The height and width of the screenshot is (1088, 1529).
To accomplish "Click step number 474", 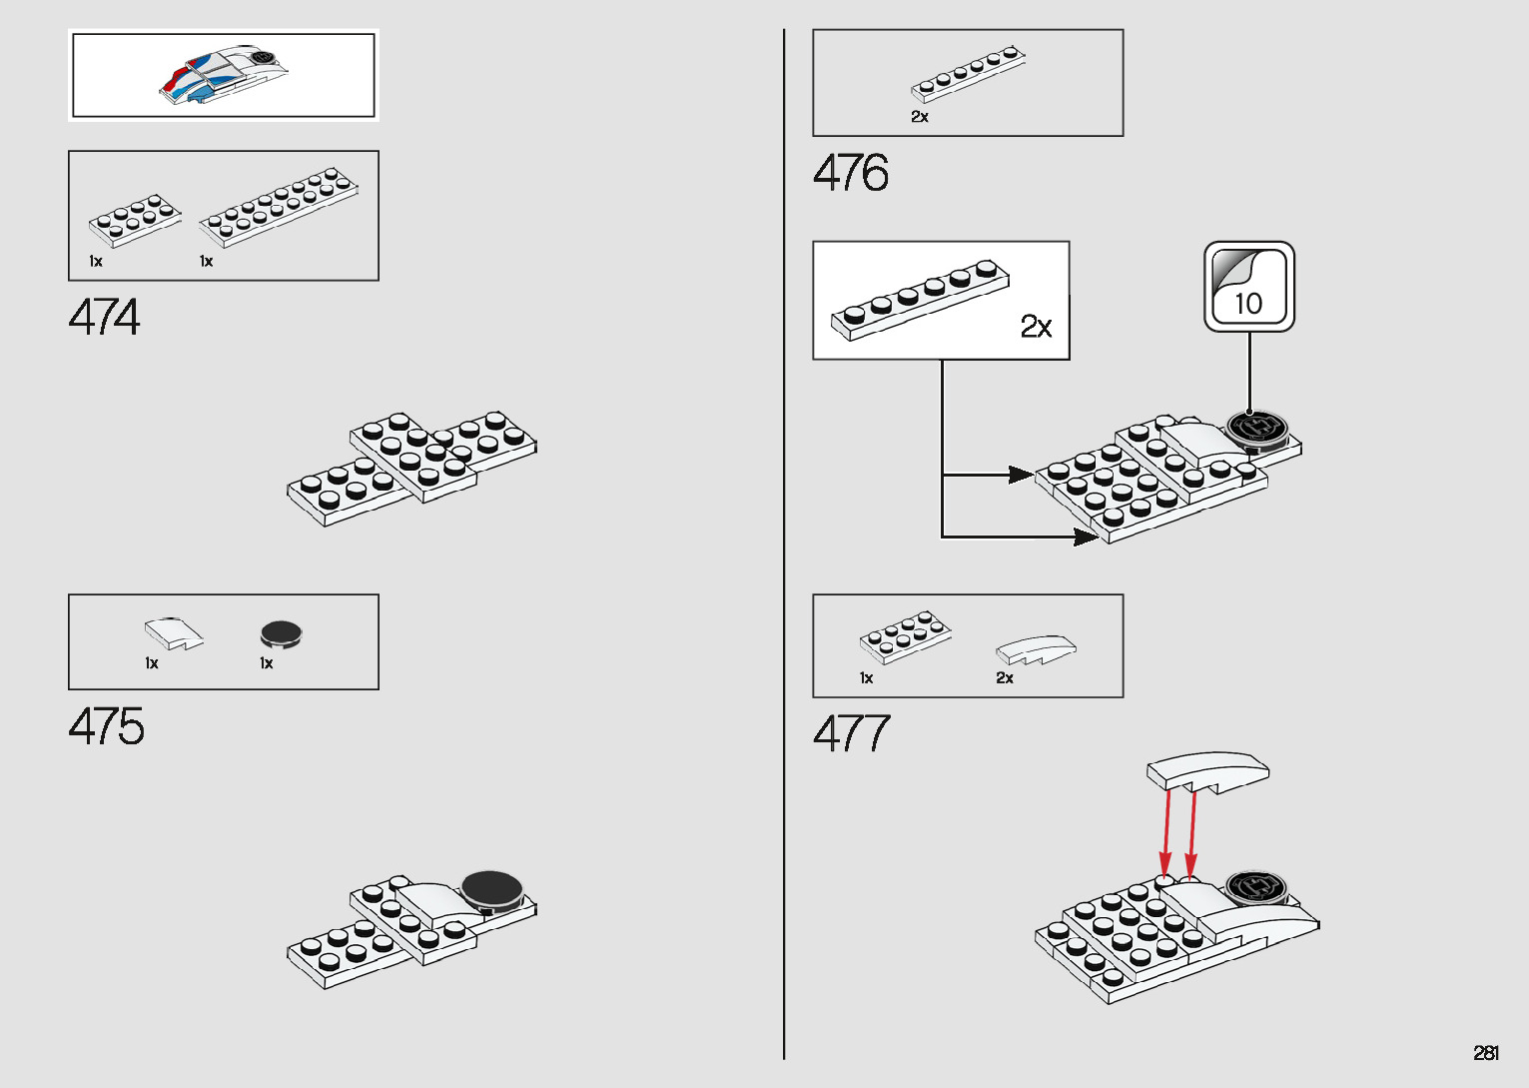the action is [105, 318].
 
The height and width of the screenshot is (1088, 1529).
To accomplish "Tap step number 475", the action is [107, 726].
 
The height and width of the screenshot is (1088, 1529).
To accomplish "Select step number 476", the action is [851, 173].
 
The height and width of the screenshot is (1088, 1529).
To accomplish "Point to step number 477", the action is [851, 734].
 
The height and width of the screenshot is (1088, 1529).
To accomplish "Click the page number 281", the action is [1486, 1053].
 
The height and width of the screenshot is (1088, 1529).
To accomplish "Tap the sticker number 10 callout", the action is [1249, 287].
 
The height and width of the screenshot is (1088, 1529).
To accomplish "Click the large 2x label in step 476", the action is [1036, 327].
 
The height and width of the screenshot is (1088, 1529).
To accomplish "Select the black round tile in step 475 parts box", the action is [281, 633].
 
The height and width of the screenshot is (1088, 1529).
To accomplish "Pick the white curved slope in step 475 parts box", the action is [174, 633].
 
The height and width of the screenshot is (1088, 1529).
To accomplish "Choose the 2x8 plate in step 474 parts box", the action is [279, 206].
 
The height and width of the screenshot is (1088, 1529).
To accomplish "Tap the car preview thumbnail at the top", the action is [224, 75].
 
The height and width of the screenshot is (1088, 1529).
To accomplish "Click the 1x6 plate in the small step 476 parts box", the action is [969, 74].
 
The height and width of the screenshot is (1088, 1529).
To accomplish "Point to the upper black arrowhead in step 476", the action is [1021, 475].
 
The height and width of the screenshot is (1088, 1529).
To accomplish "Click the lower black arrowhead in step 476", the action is [1086, 538].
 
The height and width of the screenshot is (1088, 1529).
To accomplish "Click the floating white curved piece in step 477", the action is [1208, 771].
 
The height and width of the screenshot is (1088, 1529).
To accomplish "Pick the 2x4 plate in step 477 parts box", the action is [906, 636].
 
